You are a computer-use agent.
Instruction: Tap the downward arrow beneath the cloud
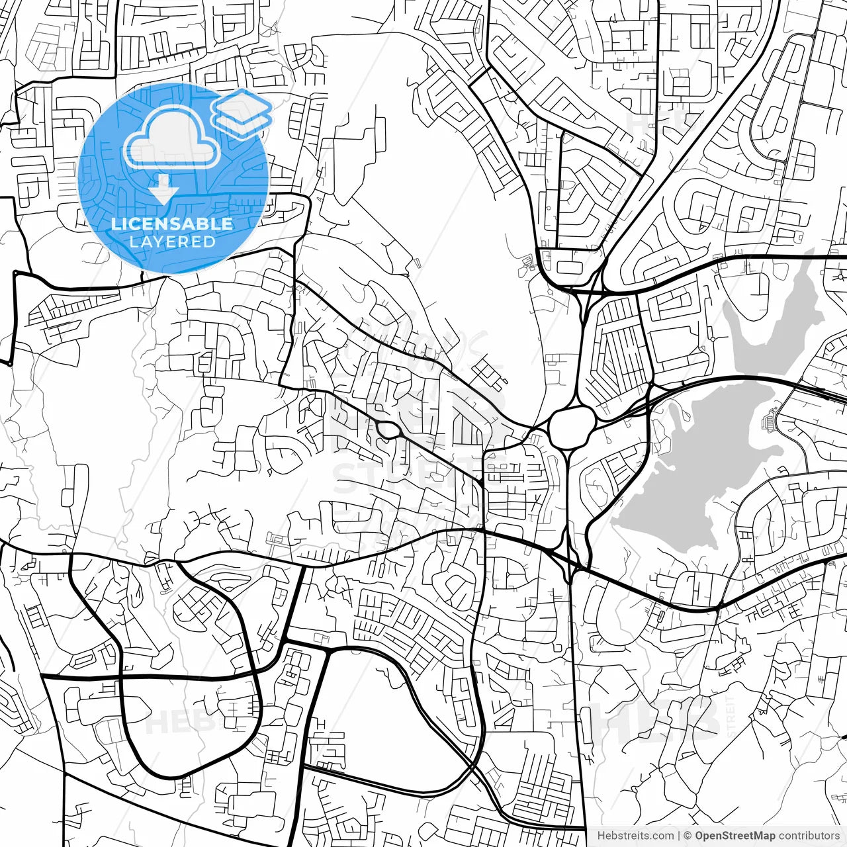point(163,192)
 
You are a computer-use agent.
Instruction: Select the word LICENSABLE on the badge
point(172,224)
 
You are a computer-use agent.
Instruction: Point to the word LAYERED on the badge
point(172,242)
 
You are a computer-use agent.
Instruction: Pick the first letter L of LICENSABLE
point(115,224)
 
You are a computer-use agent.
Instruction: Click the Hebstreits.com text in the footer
point(635,836)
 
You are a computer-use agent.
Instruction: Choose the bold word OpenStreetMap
point(735,836)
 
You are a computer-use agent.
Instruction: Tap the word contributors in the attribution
point(808,836)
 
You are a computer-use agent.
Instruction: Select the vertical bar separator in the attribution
point(679,836)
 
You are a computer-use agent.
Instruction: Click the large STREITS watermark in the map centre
point(397,476)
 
